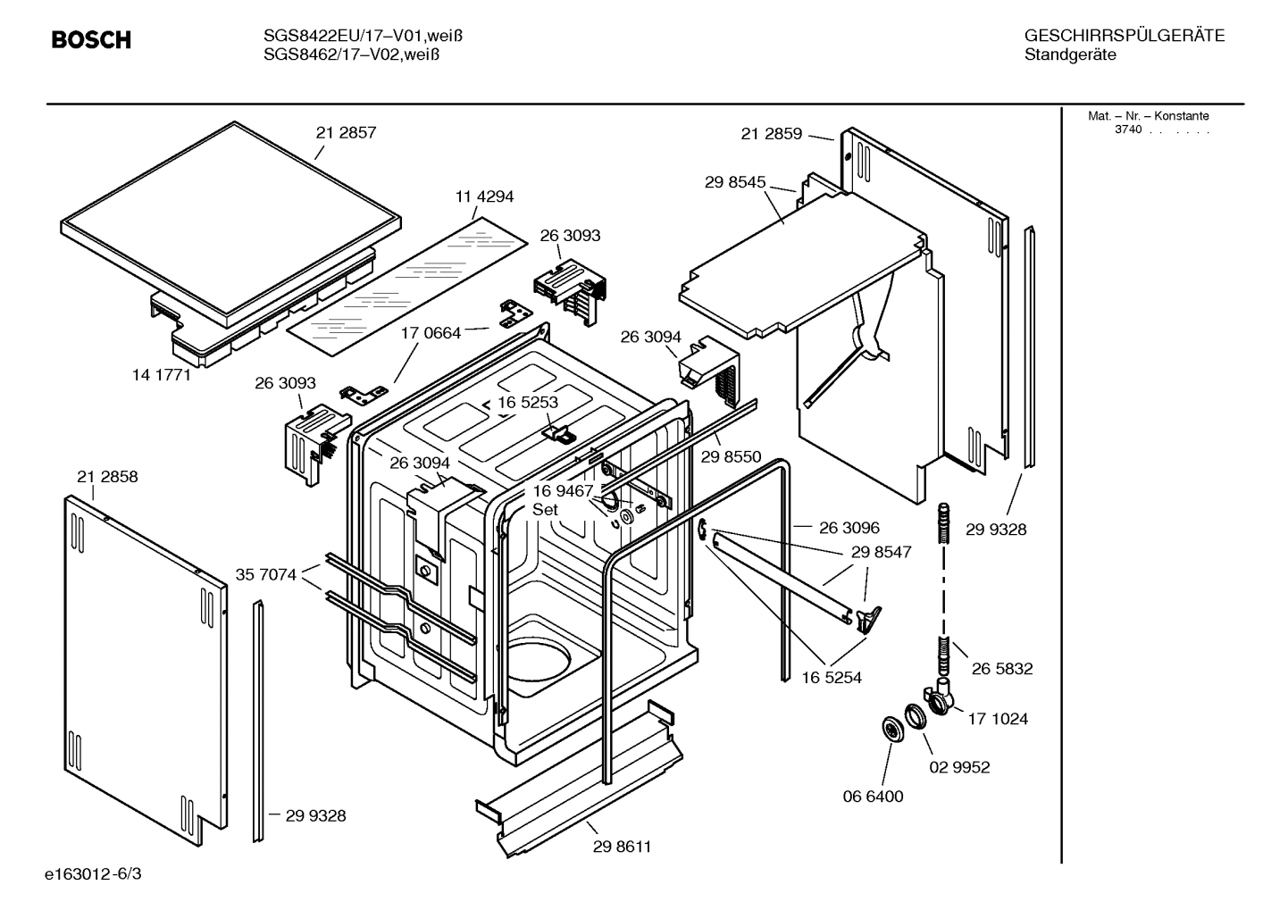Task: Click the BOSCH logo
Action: click(91, 40)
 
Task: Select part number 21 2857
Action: click(346, 133)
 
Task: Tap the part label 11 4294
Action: click(484, 196)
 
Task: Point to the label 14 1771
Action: click(162, 375)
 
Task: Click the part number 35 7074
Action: click(265, 574)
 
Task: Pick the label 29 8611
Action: click(622, 847)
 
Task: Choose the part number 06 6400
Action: click(873, 797)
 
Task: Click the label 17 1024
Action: click(998, 719)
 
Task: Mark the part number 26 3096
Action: click(849, 528)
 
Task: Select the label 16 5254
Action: click(832, 678)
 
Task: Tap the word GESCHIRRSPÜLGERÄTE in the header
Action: click(1125, 36)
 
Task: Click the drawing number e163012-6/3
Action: click(93, 873)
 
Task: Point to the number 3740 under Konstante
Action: click(1128, 129)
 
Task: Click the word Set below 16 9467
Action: click(545, 509)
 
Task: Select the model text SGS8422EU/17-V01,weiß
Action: click(362, 36)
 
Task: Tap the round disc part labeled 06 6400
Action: click(891, 728)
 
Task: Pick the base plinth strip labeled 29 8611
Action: click(581, 777)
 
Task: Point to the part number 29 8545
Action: click(735, 182)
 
